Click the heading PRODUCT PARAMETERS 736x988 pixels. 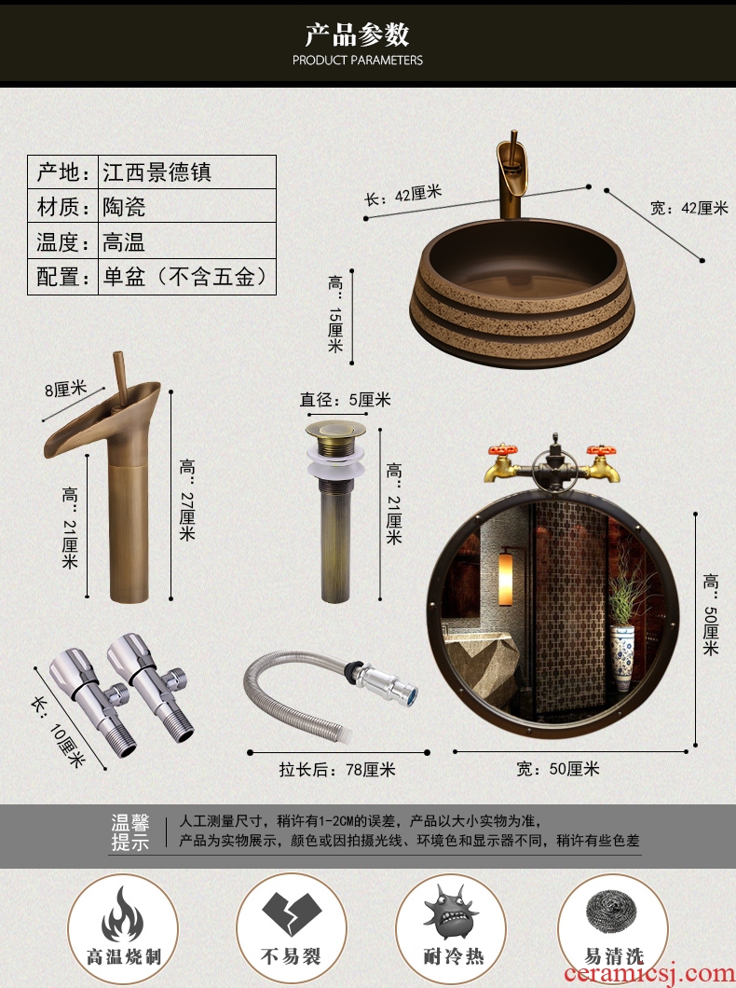(x=358, y=61)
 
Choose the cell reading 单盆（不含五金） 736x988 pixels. (x=185, y=277)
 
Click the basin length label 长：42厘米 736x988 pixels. (x=403, y=196)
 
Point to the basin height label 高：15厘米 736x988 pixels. (x=335, y=314)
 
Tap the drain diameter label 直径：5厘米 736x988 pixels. (x=345, y=400)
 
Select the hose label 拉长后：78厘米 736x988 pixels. (x=337, y=769)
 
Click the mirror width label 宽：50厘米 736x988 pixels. (x=558, y=769)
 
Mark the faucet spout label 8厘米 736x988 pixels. (x=65, y=389)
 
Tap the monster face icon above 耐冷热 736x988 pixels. (x=451, y=912)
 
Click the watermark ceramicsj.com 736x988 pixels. (x=649, y=973)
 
